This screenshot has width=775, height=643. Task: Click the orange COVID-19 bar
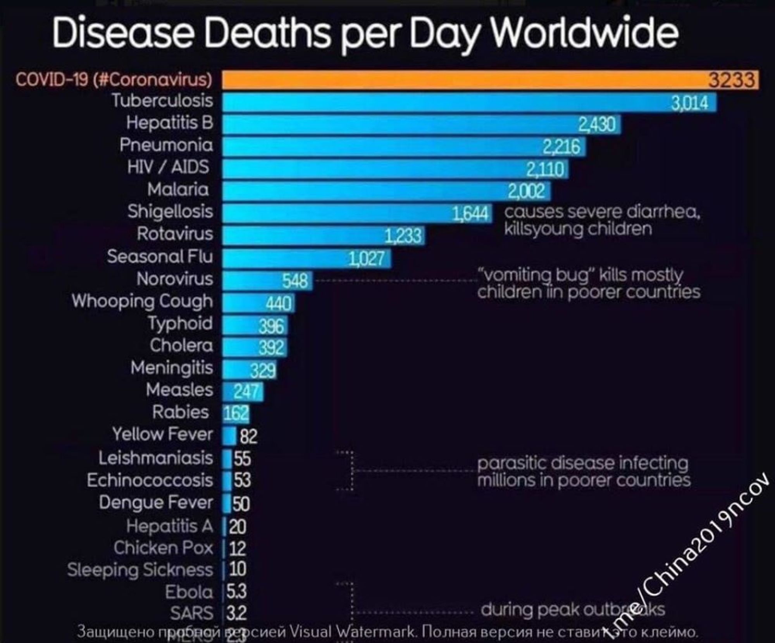tap(465, 80)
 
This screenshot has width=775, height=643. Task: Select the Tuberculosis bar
tap(446, 102)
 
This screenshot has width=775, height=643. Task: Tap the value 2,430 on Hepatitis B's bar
tap(597, 125)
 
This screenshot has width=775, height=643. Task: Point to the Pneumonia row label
tap(166, 145)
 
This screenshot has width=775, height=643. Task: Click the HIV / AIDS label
tap(169, 167)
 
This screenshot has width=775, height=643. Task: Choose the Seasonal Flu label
tap(160, 256)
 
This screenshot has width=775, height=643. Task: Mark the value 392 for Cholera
tap(272, 348)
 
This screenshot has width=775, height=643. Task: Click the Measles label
tap(179, 390)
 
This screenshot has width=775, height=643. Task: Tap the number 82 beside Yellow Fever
tap(248, 437)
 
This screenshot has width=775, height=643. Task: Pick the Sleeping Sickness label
tap(140, 570)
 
